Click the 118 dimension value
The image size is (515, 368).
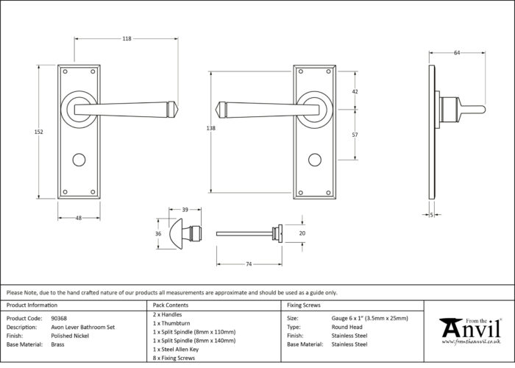pos(127,39)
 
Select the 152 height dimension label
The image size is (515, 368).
pos(39,132)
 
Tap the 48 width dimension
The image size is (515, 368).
pos(79,218)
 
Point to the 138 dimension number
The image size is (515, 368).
pos(211,128)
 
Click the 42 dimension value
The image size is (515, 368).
pos(355,92)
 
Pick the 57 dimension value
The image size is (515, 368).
pos(355,135)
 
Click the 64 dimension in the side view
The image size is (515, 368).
pos(457,52)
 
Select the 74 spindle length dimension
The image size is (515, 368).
pos(249,263)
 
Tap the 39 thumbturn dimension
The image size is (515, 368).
pos(185,210)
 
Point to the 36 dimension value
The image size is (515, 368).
pos(158,233)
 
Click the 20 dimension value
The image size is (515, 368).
pos(302,233)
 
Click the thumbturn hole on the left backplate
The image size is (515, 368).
pos(79,160)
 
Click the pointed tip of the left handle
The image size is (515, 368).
pos(178,110)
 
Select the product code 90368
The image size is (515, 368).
pos(59,319)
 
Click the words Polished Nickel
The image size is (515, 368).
pos(70,336)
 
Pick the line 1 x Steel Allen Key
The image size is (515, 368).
pos(176,350)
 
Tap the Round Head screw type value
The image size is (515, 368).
pos(347,327)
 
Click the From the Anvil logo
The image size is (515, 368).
pos(471,331)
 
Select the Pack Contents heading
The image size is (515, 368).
pos(171,305)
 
